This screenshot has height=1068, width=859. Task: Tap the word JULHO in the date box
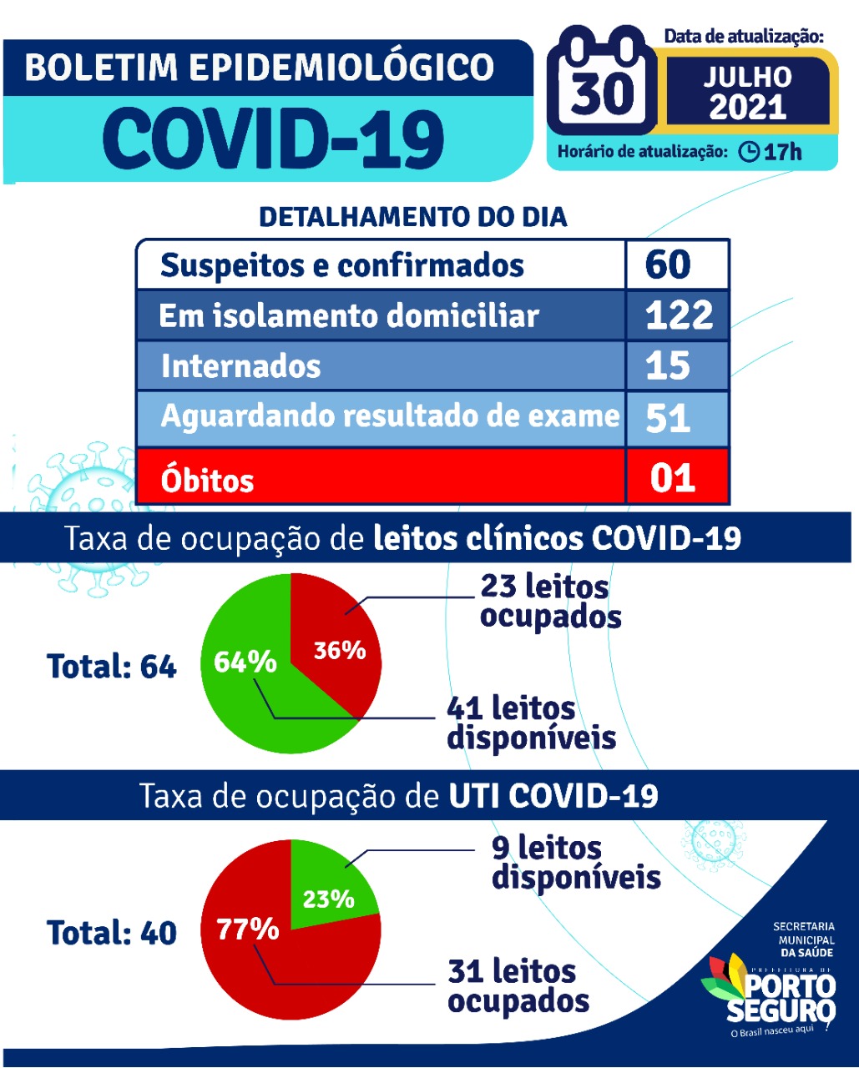pos(747,77)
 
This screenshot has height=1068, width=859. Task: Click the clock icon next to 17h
pos(749,151)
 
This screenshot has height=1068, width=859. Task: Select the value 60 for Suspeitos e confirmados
pos(668,264)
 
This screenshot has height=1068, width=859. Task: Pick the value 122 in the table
pos(679,315)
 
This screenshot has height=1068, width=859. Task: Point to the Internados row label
pos(240,366)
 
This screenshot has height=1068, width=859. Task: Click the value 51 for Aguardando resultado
pos(668,417)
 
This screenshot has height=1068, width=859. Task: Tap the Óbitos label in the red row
pos(207,480)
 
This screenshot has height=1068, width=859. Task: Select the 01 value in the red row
pos(672,478)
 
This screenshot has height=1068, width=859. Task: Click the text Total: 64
pos(112,667)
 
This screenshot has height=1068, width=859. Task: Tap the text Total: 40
pos(112,933)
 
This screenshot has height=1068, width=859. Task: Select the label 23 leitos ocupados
pos(550,601)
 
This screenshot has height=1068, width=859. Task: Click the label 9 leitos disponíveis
pos(575,862)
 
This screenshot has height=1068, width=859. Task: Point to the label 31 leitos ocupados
pos(518,985)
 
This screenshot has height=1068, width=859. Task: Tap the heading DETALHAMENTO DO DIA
pos(412,217)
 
